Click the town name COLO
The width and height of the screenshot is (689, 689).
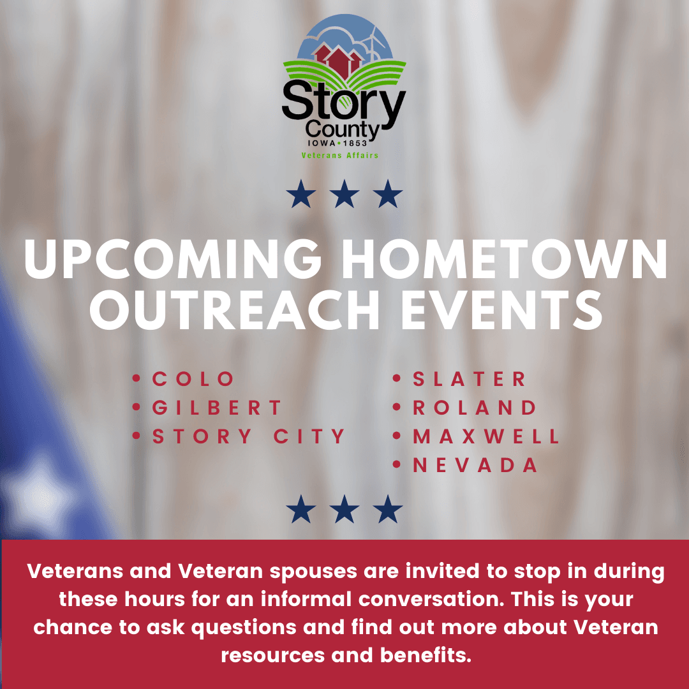click(x=193, y=379)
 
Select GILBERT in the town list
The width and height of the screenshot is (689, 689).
click(x=217, y=408)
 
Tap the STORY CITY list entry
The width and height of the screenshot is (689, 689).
click(x=249, y=437)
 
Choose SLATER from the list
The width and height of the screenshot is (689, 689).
click(x=470, y=379)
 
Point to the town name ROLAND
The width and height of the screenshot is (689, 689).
click(x=475, y=408)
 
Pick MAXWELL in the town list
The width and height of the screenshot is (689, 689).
click(x=486, y=437)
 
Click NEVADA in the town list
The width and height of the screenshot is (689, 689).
click(x=475, y=466)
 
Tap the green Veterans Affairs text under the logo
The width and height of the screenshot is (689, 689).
click(x=340, y=155)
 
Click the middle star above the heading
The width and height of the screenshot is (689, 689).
click(x=344, y=195)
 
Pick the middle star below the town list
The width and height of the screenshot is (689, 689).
click(x=344, y=510)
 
